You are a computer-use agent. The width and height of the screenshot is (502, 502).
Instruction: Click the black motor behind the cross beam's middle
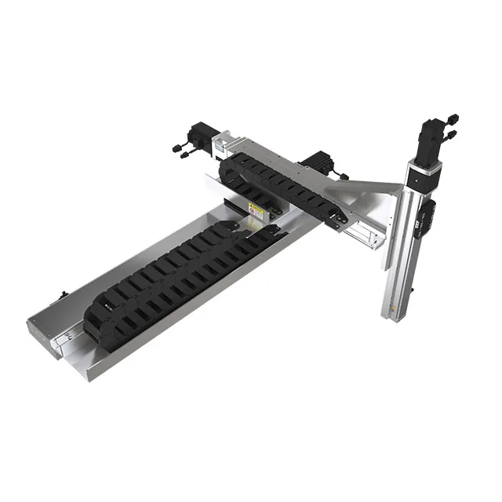point(318,161)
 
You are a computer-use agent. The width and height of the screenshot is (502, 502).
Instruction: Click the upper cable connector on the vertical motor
point(453,120)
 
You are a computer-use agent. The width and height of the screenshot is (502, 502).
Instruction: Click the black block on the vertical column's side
point(427,216)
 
